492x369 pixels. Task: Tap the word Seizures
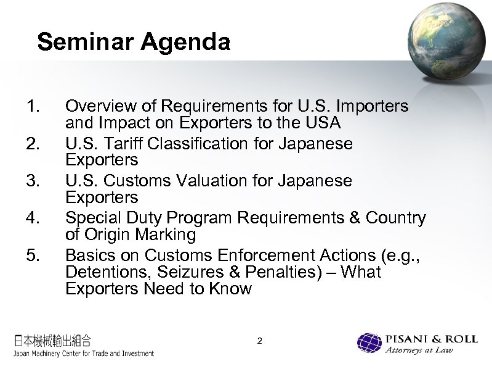[191, 272]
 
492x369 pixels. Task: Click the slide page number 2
[260, 341]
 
